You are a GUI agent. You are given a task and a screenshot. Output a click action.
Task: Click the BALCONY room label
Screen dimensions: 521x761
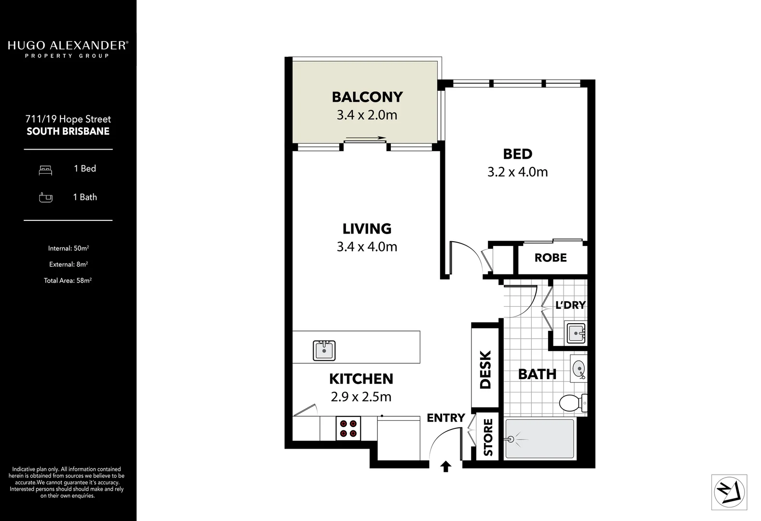click(367, 97)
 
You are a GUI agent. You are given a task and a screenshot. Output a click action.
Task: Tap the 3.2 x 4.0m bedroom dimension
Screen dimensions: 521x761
click(517, 172)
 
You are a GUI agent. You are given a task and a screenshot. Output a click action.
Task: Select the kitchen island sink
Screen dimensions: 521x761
click(324, 350)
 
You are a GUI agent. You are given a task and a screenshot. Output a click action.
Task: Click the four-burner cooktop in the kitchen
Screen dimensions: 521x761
click(348, 428)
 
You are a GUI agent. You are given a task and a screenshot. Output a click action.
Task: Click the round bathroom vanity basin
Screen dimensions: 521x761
click(578, 370)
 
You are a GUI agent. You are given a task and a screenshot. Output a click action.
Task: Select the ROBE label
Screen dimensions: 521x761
click(551, 258)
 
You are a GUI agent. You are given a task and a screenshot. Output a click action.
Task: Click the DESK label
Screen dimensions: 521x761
click(485, 370)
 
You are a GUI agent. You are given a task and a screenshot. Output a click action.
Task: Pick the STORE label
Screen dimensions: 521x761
click(488, 438)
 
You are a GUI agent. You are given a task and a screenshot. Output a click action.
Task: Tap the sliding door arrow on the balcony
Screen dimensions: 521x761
click(366, 138)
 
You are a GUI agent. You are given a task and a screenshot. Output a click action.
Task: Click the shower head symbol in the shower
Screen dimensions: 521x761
click(511, 439)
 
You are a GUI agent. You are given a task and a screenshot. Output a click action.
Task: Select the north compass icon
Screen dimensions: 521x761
click(729, 492)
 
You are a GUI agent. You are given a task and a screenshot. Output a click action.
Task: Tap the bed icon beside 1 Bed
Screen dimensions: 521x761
click(45, 169)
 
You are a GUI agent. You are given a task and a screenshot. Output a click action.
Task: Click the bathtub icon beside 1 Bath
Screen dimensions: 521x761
click(45, 197)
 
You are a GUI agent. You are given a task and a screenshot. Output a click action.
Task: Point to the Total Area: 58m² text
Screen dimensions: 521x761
click(68, 280)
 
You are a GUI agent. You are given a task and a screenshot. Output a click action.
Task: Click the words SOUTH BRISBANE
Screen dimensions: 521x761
click(68, 131)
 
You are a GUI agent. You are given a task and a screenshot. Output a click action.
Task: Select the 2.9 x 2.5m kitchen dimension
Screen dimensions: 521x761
click(361, 397)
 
